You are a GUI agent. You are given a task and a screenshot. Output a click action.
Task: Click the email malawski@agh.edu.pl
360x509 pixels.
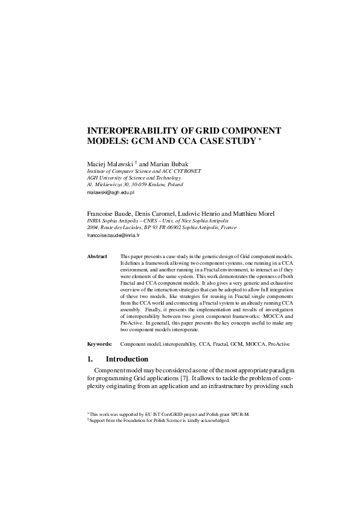tap(110, 192)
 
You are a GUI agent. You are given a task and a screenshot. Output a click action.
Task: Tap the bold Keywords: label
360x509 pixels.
tap(100, 343)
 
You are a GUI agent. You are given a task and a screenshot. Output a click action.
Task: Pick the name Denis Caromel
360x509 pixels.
tap(149, 213)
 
